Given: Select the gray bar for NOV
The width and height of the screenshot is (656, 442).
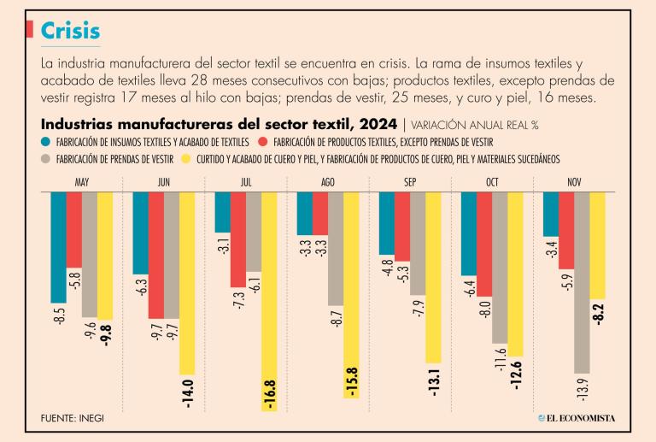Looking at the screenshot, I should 582,282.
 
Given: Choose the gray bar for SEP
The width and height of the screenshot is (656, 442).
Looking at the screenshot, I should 418,243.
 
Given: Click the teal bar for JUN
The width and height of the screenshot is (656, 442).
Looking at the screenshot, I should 140,233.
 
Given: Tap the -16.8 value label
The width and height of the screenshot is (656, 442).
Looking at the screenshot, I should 271,396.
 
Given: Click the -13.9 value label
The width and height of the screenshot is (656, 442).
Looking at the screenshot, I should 582,389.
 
